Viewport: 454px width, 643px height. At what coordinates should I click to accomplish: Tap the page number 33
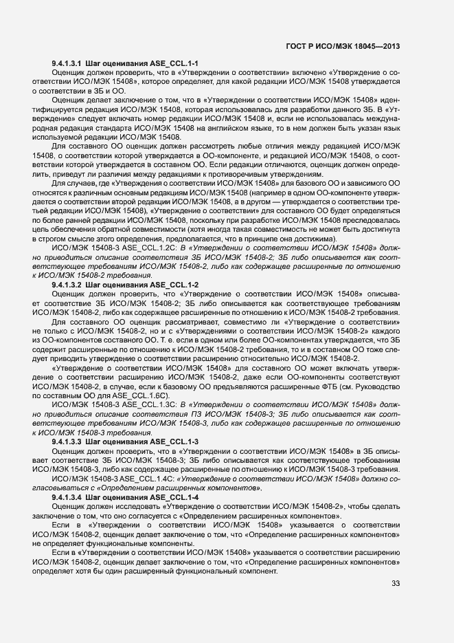coord(396,585)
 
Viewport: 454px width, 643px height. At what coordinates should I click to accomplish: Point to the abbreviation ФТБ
coord(317,376)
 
